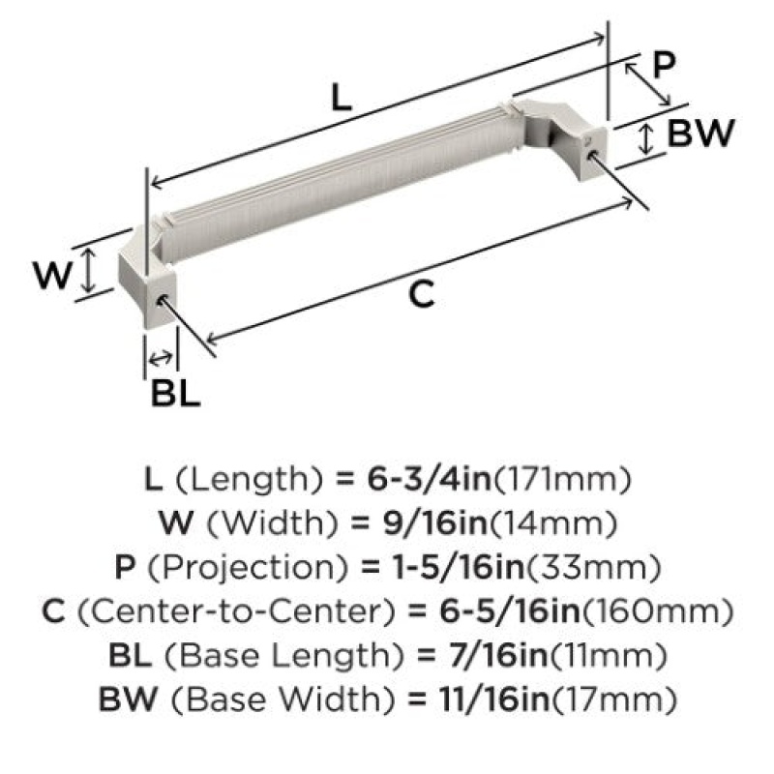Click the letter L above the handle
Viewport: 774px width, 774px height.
[342, 98]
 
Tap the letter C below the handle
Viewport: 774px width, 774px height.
[422, 294]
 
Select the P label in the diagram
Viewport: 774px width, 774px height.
[664, 65]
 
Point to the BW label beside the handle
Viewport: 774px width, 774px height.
[700, 133]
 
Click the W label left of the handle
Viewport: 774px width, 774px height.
[52, 275]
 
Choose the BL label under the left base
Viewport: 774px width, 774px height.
[175, 394]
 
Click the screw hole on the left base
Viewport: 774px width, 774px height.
[161, 300]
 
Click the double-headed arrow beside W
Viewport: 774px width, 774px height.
[88, 270]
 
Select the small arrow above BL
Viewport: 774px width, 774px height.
[161, 357]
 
